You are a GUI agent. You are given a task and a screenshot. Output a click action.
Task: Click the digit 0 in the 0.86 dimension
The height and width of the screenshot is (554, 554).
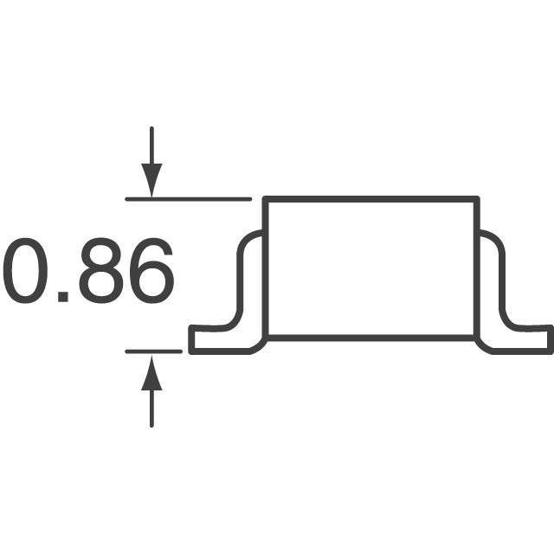[26, 272]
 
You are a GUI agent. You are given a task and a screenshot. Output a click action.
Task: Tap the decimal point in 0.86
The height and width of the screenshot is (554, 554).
[63, 296]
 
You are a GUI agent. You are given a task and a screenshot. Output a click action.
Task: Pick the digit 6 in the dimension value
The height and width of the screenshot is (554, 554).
[149, 272]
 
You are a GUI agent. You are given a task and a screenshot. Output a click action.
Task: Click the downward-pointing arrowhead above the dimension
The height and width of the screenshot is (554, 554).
[151, 182]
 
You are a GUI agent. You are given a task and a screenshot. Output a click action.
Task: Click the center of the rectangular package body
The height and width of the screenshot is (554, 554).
[370, 267]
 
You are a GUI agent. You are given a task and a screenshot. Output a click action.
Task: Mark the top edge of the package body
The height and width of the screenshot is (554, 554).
[370, 200]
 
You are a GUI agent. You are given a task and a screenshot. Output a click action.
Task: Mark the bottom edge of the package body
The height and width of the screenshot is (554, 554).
[370, 336]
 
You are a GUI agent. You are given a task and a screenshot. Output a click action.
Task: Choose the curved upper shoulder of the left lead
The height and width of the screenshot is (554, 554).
[247, 237]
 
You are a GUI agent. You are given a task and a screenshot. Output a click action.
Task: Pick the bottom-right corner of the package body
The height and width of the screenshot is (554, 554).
[476, 336]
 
